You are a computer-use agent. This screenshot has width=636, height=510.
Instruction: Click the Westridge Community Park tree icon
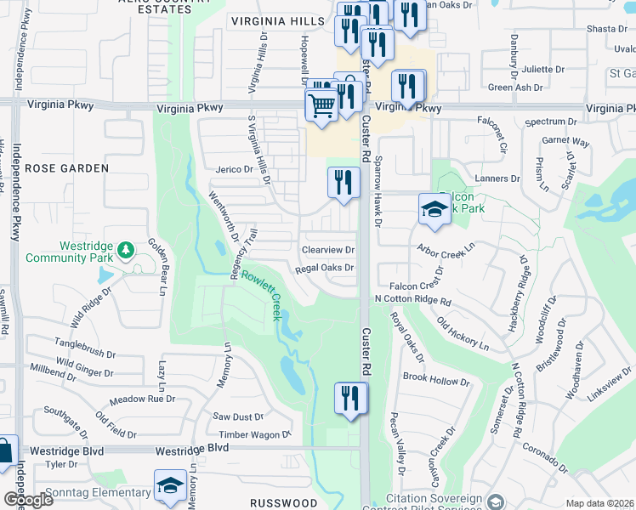[126, 249]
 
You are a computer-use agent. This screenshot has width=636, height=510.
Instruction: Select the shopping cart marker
[321, 106]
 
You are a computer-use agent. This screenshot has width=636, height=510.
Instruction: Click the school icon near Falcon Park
[434, 209]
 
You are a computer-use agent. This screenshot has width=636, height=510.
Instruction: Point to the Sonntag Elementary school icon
[170, 486]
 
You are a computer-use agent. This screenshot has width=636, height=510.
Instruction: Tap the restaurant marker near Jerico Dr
[344, 182]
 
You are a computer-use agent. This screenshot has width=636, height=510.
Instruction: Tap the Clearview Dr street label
[328, 250]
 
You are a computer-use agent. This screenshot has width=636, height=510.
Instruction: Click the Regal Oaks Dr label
[324, 269]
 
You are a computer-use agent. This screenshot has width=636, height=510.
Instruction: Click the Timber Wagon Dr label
[255, 433]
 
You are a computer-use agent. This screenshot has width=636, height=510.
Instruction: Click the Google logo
[27, 499]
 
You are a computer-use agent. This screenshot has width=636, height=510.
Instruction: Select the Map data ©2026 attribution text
[599, 503]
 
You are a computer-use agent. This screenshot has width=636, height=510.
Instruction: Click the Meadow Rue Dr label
[142, 399]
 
